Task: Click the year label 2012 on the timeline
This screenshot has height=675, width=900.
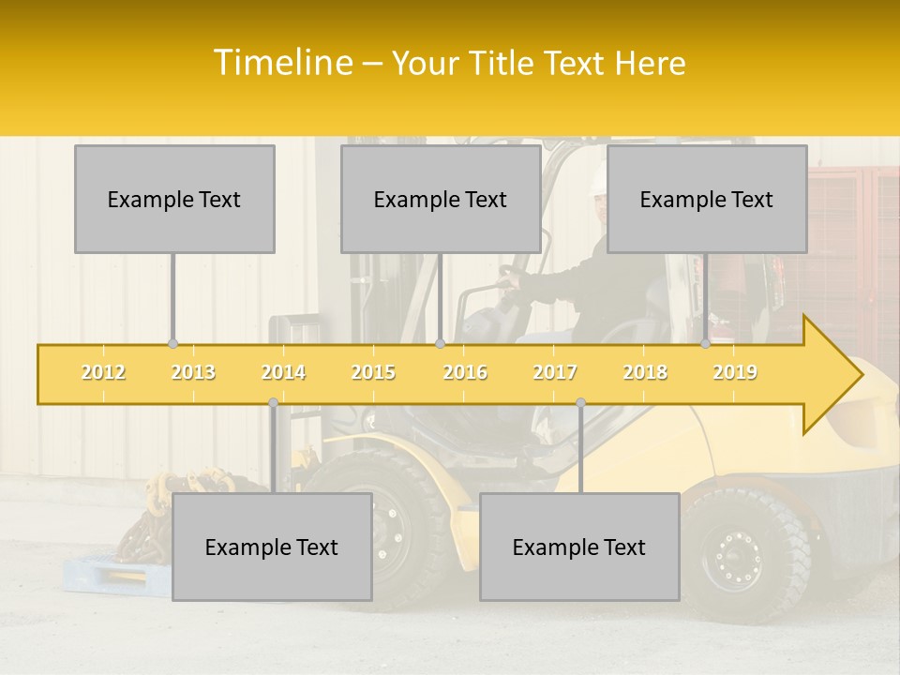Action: [103, 372]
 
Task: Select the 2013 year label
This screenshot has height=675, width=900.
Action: [193, 372]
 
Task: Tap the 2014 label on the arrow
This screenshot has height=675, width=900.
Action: [283, 372]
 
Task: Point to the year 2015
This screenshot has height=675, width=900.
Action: [373, 372]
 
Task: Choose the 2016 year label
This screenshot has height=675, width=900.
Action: [465, 372]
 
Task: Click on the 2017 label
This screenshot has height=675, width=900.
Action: [555, 372]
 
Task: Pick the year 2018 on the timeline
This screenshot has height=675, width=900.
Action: [645, 372]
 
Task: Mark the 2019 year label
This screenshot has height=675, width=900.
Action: [735, 372]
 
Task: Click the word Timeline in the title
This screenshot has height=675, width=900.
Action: [282, 63]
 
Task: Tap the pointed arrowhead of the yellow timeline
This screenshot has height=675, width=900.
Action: [839, 375]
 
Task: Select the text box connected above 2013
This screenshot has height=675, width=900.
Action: [174, 199]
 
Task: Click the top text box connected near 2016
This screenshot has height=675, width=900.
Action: [441, 199]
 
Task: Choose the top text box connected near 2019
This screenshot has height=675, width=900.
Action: [707, 199]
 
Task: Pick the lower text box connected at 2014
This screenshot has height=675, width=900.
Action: [272, 547]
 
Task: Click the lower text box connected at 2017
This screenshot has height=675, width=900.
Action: [579, 547]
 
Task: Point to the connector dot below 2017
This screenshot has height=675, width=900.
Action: [580, 403]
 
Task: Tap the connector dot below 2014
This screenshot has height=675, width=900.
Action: [273, 403]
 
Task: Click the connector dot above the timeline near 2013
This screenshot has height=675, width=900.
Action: [172, 344]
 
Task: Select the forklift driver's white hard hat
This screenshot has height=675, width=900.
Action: [598, 181]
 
